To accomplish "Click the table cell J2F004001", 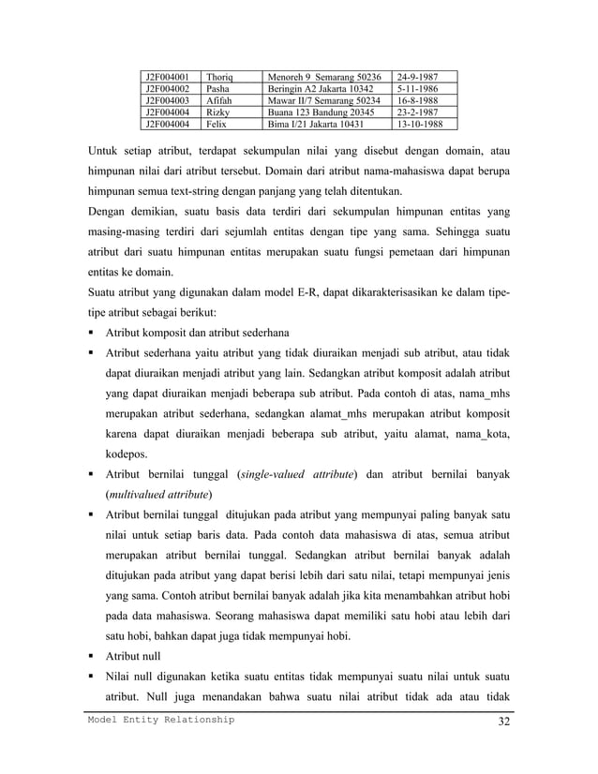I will [165, 76].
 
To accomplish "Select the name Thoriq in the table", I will [220, 76].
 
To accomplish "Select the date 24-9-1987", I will [418, 76].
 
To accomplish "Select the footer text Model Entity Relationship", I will [162, 719].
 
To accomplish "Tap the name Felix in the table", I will [217, 123].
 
